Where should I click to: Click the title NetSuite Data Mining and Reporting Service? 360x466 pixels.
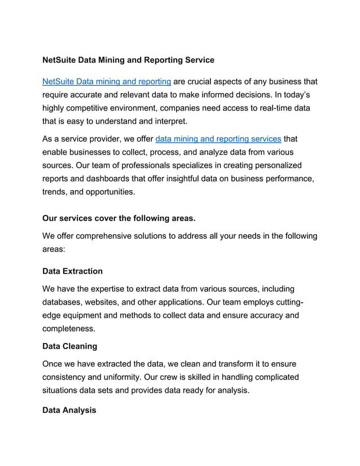[x=128, y=59]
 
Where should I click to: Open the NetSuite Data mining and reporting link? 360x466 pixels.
[x=107, y=82]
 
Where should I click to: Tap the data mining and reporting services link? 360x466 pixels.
[x=218, y=138]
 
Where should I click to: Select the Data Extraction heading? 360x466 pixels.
[x=73, y=271]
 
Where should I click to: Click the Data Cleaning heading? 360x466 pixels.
[x=70, y=345]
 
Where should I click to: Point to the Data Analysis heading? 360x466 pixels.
[x=69, y=410]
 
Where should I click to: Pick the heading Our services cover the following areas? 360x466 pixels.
[x=119, y=217]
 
